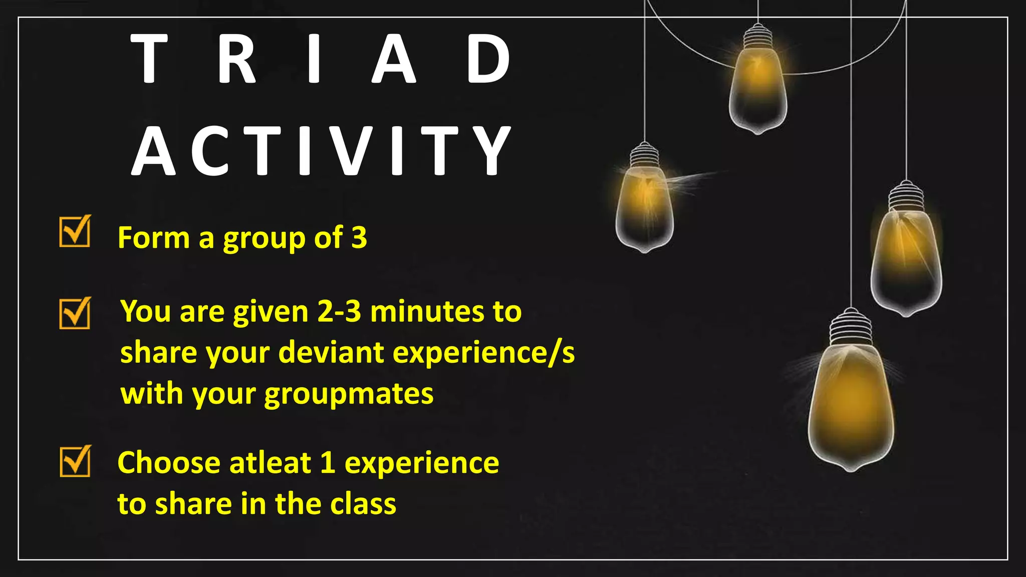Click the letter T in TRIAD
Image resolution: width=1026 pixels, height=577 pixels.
(x=149, y=59)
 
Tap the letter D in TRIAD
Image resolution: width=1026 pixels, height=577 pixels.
(x=488, y=59)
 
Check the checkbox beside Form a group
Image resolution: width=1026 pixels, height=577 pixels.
(x=75, y=231)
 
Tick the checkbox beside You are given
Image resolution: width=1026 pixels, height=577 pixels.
(x=75, y=313)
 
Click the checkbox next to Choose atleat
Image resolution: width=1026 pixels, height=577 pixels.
(x=75, y=461)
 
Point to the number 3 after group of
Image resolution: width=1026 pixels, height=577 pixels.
(x=359, y=237)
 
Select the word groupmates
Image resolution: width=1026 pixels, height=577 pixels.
(x=349, y=394)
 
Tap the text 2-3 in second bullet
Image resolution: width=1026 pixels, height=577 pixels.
(x=339, y=312)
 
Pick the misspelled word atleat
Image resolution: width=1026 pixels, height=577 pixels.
(x=271, y=462)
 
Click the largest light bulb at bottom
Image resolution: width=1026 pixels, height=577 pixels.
(x=851, y=406)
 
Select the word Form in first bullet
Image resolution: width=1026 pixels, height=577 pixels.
(x=153, y=237)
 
